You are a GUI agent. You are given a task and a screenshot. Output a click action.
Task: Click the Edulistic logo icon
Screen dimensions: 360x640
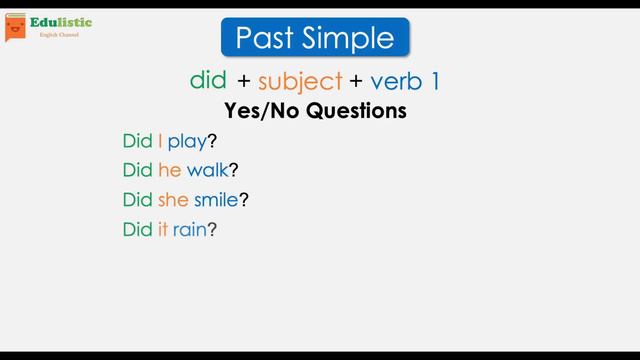(15, 27)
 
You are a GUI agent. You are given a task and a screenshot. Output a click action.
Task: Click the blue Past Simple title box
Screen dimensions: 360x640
(315, 38)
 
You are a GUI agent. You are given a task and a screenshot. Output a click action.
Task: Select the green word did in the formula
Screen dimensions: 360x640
(208, 80)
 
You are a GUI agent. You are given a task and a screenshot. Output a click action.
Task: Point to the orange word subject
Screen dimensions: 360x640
(300, 81)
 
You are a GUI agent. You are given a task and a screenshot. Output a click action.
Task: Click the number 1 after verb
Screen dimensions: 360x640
(433, 81)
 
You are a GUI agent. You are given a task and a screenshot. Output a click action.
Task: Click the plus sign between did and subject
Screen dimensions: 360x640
(244, 81)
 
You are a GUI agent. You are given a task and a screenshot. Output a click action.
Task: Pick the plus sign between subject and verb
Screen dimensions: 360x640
(356, 81)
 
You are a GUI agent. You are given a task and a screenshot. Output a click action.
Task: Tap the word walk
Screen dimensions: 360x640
(207, 171)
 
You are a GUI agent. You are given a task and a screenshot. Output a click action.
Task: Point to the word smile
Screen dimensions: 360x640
(216, 200)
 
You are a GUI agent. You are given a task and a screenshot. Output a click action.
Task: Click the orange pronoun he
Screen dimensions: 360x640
(169, 171)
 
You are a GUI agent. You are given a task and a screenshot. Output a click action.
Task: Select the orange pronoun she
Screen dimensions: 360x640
(173, 200)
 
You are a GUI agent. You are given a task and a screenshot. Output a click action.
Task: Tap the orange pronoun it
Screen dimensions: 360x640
(162, 230)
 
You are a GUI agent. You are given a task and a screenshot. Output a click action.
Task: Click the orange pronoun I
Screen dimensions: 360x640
(160, 141)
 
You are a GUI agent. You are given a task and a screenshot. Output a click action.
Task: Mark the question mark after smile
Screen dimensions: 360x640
(244, 200)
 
